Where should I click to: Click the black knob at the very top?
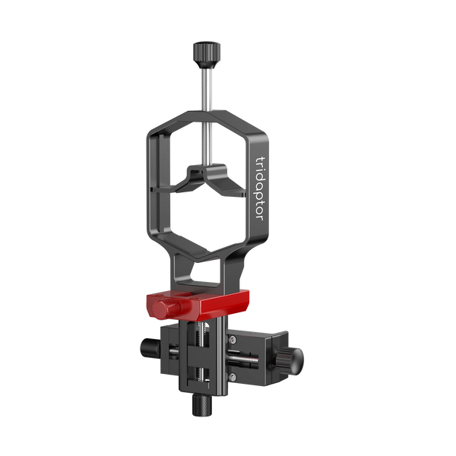(x=207, y=55)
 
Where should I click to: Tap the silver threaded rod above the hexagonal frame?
(x=206, y=90)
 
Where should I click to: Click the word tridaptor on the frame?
(x=259, y=188)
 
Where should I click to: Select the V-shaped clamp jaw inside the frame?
(x=207, y=179)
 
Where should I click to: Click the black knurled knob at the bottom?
(x=202, y=405)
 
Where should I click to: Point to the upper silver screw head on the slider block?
(x=232, y=339)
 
